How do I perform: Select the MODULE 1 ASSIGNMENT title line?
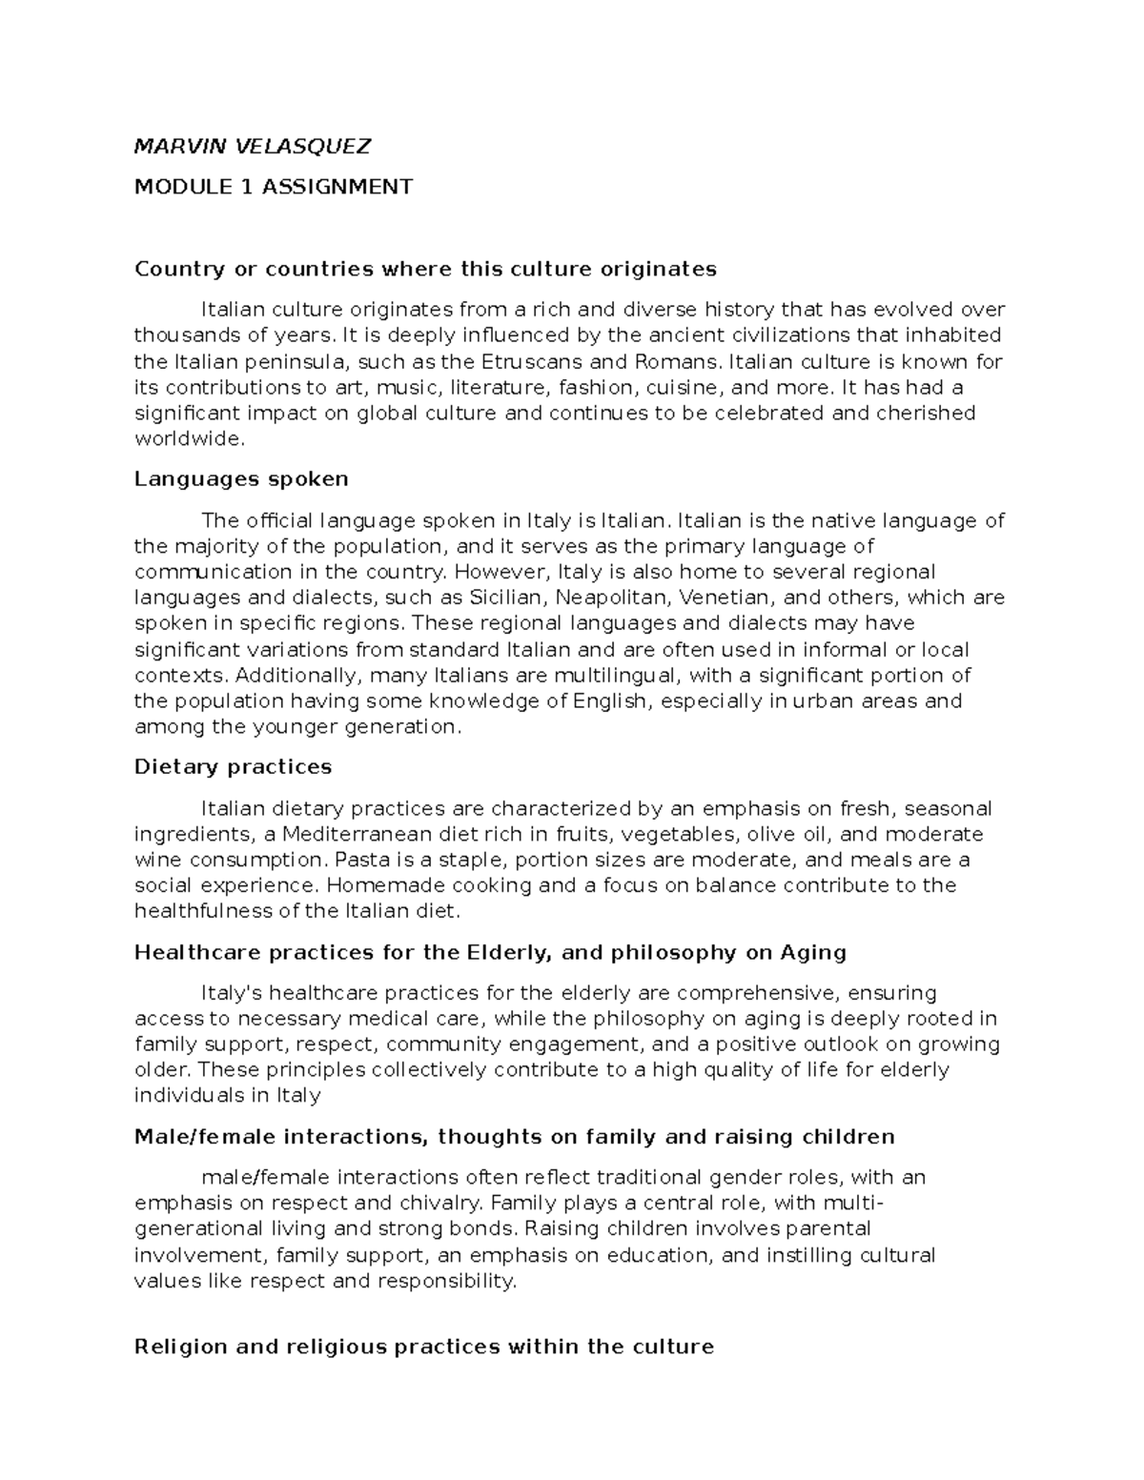pyautogui.click(x=274, y=187)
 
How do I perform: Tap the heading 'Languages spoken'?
pyautogui.click(x=241, y=478)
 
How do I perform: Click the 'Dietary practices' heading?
pyautogui.click(x=233, y=767)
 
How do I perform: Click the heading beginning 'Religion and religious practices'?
pyautogui.click(x=423, y=1347)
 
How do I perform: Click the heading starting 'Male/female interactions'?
pyautogui.click(x=514, y=1137)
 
